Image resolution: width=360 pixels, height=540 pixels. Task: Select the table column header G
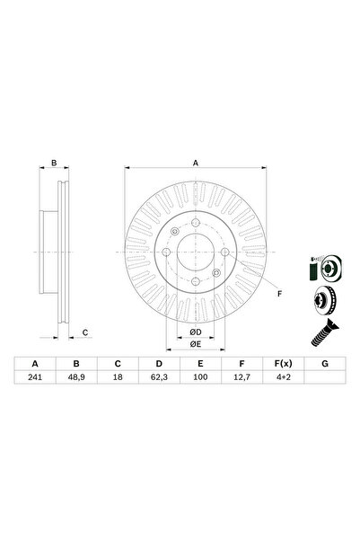click(322, 365)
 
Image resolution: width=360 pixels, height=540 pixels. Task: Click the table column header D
click(158, 365)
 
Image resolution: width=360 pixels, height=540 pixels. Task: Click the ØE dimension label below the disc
click(195, 344)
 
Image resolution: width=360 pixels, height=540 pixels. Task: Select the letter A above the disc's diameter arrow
click(195, 164)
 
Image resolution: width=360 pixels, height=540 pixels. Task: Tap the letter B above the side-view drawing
click(54, 164)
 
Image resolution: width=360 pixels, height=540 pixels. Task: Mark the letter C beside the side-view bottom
click(84, 332)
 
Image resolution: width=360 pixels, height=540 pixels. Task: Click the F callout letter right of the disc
click(278, 294)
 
